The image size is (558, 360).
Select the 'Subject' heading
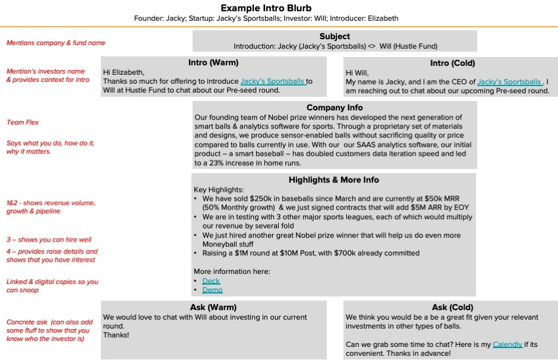click(x=335, y=36)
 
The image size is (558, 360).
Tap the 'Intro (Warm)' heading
click(x=213, y=62)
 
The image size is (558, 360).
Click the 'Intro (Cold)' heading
click(x=452, y=63)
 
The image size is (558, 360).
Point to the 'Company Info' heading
click(x=335, y=108)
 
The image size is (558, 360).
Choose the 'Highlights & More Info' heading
click(x=333, y=180)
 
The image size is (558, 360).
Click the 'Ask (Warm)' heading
click(x=213, y=307)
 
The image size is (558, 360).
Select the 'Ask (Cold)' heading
click(x=452, y=307)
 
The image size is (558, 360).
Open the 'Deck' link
click(x=211, y=281)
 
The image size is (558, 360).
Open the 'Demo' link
click(x=212, y=290)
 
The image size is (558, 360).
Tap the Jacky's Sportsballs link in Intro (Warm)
click(x=273, y=81)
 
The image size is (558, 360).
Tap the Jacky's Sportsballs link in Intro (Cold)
click(x=509, y=82)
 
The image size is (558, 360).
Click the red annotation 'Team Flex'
click(x=23, y=122)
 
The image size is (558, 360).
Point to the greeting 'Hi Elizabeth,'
click(x=123, y=72)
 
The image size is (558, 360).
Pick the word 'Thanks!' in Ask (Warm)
click(x=116, y=335)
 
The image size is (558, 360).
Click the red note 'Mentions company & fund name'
click(x=56, y=43)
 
